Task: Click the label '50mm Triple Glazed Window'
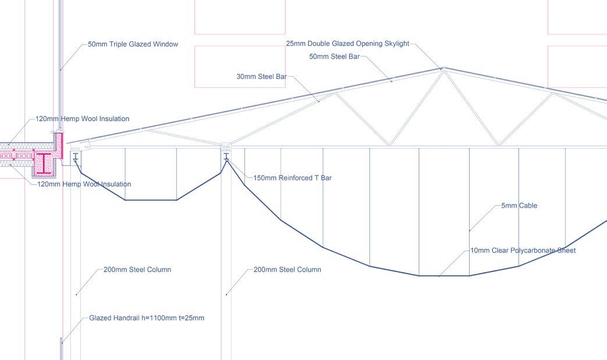tap(133, 44)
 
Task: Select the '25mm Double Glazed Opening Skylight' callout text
tap(347, 44)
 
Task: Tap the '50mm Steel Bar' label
tap(335, 56)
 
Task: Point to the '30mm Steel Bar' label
tap(262, 77)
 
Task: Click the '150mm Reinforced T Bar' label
tap(293, 178)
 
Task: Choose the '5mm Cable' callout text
tap(519, 206)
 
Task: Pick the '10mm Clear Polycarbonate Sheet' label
tap(523, 251)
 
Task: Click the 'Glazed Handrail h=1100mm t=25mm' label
tap(147, 318)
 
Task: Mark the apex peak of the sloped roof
tap(442, 68)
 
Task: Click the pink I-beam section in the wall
tap(44, 163)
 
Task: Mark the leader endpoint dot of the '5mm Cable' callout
tap(470, 230)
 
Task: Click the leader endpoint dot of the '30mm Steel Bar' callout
tap(319, 102)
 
